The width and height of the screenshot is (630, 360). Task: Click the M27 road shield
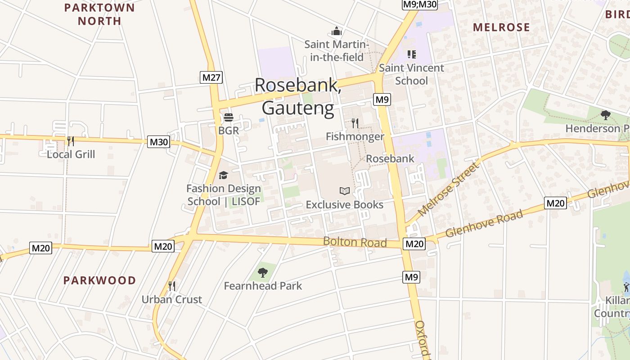pos(211,77)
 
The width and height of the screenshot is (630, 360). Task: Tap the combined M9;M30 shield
pos(419,4)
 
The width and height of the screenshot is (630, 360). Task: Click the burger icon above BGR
pos(229,118)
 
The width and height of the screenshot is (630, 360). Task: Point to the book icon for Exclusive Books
pos(345,191)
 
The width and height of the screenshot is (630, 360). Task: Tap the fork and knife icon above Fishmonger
pos(355,123)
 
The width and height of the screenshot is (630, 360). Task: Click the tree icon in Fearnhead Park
pos(263,272)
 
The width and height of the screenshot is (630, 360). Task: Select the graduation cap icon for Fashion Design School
pos(223,175)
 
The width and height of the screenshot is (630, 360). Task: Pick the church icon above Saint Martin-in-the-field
pos(337,31)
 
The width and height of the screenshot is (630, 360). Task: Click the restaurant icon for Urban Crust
pos(171,286)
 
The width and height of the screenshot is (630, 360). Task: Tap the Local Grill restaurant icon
pos(71,141)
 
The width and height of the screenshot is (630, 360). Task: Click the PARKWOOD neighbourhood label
pos(99,280)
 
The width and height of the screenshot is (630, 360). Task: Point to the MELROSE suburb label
pos(501,27)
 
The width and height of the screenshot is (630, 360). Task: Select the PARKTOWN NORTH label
pos(99,14)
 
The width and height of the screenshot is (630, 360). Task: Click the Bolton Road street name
pos(355,242)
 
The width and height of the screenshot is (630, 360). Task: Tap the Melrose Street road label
pos(449,189)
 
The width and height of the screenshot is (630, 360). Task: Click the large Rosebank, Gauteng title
pos(298,96)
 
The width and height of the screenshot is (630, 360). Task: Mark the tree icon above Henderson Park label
pos(606,115)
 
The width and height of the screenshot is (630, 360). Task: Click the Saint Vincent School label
pos(411,74)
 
